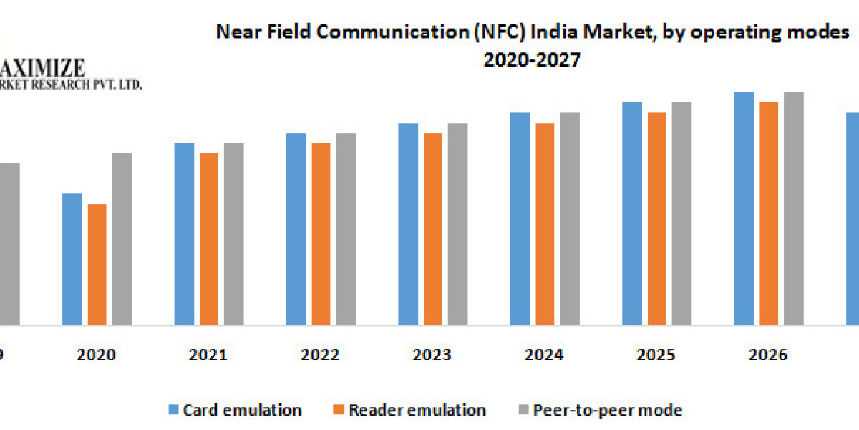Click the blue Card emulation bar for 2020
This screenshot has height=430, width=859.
click(x=72, y=259)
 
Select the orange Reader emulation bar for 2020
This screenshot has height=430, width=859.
click(x=97, y=264)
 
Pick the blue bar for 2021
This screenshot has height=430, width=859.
click(x=184, y=234)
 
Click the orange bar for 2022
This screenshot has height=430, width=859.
click(x=321, y=234)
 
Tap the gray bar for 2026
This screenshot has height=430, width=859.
click(x=793, y=209)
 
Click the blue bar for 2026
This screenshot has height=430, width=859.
click(x=744, y=209)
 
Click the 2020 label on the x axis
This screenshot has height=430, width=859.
click(x=97, y=355)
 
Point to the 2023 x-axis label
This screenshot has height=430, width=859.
click(x=432, y=355)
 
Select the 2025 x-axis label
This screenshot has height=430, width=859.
click(x=656, y=355)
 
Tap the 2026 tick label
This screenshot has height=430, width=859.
click(x=768, y=355)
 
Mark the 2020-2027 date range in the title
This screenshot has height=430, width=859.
click(x=531, y=61)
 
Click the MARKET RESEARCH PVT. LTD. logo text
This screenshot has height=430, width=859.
click(x=72, y=85)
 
